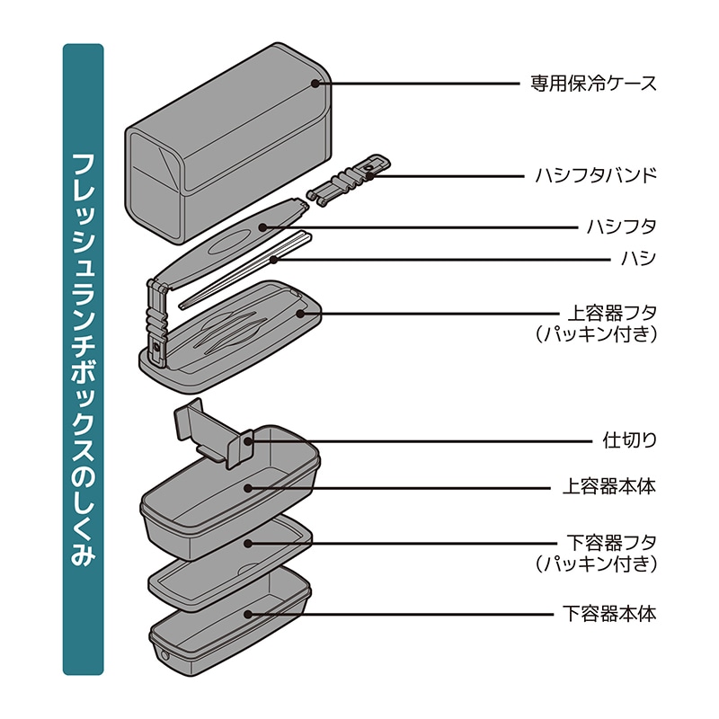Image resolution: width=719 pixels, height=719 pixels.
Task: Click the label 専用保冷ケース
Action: point(593,84)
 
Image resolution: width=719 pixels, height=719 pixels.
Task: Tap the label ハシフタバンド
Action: point(596,175)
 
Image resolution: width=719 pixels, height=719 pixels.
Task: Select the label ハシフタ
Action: point(621,227)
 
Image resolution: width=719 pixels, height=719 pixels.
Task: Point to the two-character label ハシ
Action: point(638,259)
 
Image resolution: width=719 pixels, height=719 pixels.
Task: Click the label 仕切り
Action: point(629,440)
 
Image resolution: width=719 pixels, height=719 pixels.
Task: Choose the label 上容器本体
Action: point(609,487)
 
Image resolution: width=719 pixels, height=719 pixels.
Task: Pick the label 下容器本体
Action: point(609,614)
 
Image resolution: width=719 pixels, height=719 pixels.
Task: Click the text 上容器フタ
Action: point(612,314)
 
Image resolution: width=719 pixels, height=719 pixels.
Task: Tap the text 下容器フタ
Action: point(612,543)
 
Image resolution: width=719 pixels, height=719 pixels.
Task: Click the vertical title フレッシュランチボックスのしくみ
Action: point(83,359)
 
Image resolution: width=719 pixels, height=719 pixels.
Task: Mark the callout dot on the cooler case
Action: point(315,84)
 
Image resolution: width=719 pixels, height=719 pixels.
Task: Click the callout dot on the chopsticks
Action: point(273,260)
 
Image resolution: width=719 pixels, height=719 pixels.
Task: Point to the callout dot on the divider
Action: point(248,441)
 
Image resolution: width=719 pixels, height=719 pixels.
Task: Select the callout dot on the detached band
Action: point(369,175)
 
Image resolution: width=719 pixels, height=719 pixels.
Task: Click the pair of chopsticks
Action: point(245,271)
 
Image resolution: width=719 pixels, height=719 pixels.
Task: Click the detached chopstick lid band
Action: point(349,181)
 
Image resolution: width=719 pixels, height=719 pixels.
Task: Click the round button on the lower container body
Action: point(164,655)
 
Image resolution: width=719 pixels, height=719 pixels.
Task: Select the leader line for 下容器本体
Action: point(401,614)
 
